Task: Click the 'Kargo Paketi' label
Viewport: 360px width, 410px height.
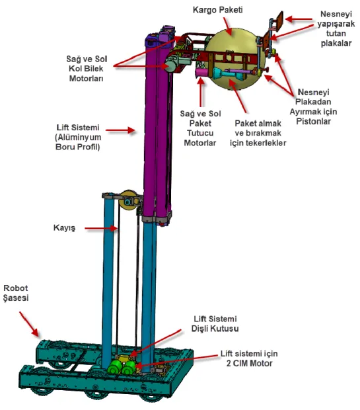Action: point(217,10)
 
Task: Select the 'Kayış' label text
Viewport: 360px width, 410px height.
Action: point(64,227)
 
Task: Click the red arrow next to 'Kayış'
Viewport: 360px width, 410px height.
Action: point(101,228)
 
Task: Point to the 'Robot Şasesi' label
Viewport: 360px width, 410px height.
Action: point(16,293)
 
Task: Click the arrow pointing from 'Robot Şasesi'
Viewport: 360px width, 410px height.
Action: point(29,324)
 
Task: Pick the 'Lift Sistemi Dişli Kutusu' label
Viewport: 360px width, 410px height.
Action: point(215,324)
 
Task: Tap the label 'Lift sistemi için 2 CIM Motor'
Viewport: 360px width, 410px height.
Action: point(249,358)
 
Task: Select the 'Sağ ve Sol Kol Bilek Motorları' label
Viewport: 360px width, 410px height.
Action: point(87,69)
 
